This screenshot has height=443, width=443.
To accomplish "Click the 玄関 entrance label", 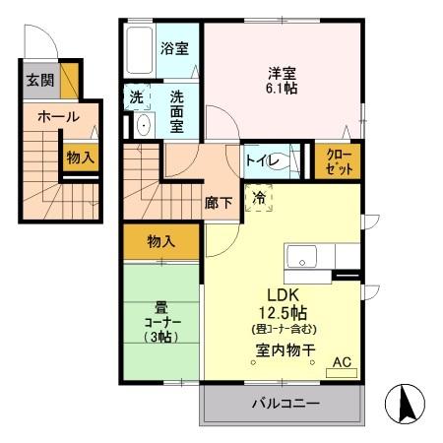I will tap(40, 81).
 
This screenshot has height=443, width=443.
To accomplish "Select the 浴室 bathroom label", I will tap(175, 48).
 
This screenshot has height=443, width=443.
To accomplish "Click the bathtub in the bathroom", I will tap(140, 47).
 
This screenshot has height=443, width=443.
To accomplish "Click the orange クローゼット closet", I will tap(336, 161).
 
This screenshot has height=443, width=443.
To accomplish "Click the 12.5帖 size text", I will tap(283, 312).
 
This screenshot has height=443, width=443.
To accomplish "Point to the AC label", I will tap(341, 362).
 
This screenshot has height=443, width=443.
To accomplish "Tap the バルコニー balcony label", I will tap(284, 404).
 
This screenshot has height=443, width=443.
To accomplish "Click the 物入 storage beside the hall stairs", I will tap(80, 156).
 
